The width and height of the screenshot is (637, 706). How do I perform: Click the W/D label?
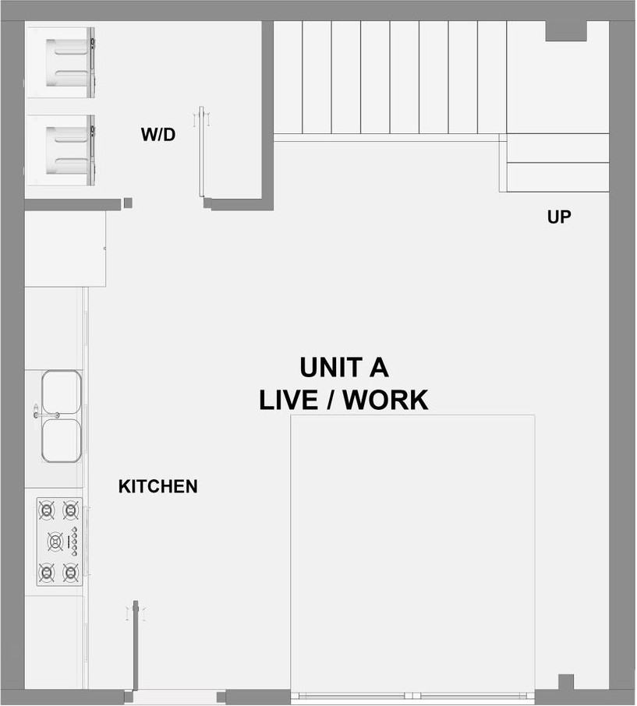pyautogui.click(x=157, y=135)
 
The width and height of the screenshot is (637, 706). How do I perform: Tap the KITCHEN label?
pyautogui.click(x=157, y=487)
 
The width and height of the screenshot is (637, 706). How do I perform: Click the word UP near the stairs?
pyautogui.click(x=559, y=217)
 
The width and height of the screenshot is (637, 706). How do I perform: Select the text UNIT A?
pyautogui.click(x=344, y=367)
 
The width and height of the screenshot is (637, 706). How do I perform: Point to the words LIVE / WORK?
pyautogui.click(x=344, y=400)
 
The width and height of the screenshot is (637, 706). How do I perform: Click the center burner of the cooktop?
pyautogui.click(x=55, y=540)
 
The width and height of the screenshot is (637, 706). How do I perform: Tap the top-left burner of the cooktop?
pyautogui.click(x=47, y=511)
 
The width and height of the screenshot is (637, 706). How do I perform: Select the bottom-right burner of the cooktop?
pyautogui.click(x=71, y=573)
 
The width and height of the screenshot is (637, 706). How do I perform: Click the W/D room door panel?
pyautogui.click(x=200, y=152)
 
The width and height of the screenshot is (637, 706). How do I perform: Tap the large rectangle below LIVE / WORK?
pyautogui.click(x=412, y=553)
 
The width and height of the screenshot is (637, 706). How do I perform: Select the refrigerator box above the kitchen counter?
pyautogui.click(x=65, y=249)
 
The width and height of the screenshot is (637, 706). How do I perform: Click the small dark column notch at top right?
pyautogui.click(x=565, y=30)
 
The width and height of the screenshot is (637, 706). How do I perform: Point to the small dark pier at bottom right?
pyautogui.click(x=566, y=682)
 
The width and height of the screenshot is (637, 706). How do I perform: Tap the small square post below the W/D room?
pyautogui.click(x=128, y=203)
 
